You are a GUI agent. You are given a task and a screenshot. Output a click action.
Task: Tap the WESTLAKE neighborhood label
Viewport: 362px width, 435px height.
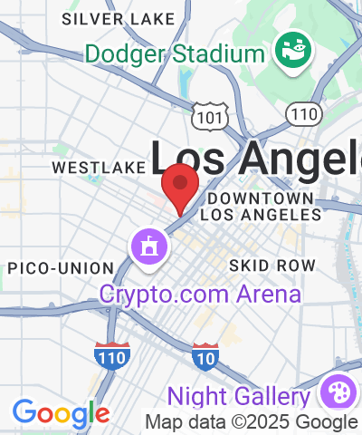pos(99,168)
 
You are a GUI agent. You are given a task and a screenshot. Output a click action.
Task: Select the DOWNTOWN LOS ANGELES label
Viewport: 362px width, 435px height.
pos(261,207)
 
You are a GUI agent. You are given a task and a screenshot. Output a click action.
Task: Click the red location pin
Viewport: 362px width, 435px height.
pos(181,186)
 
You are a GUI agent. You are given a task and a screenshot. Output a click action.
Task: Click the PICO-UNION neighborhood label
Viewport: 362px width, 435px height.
pos(61,268)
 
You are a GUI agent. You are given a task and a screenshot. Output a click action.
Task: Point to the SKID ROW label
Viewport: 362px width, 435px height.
pos(272,266)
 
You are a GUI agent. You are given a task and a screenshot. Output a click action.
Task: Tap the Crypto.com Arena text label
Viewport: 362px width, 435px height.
pos(200,294)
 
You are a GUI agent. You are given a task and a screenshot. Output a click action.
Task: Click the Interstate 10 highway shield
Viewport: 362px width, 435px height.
pos(205,357)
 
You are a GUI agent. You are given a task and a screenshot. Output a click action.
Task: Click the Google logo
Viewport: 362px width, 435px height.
pos(61,414)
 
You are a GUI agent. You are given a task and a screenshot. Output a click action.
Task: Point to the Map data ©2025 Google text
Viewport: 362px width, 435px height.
pos(252,421)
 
